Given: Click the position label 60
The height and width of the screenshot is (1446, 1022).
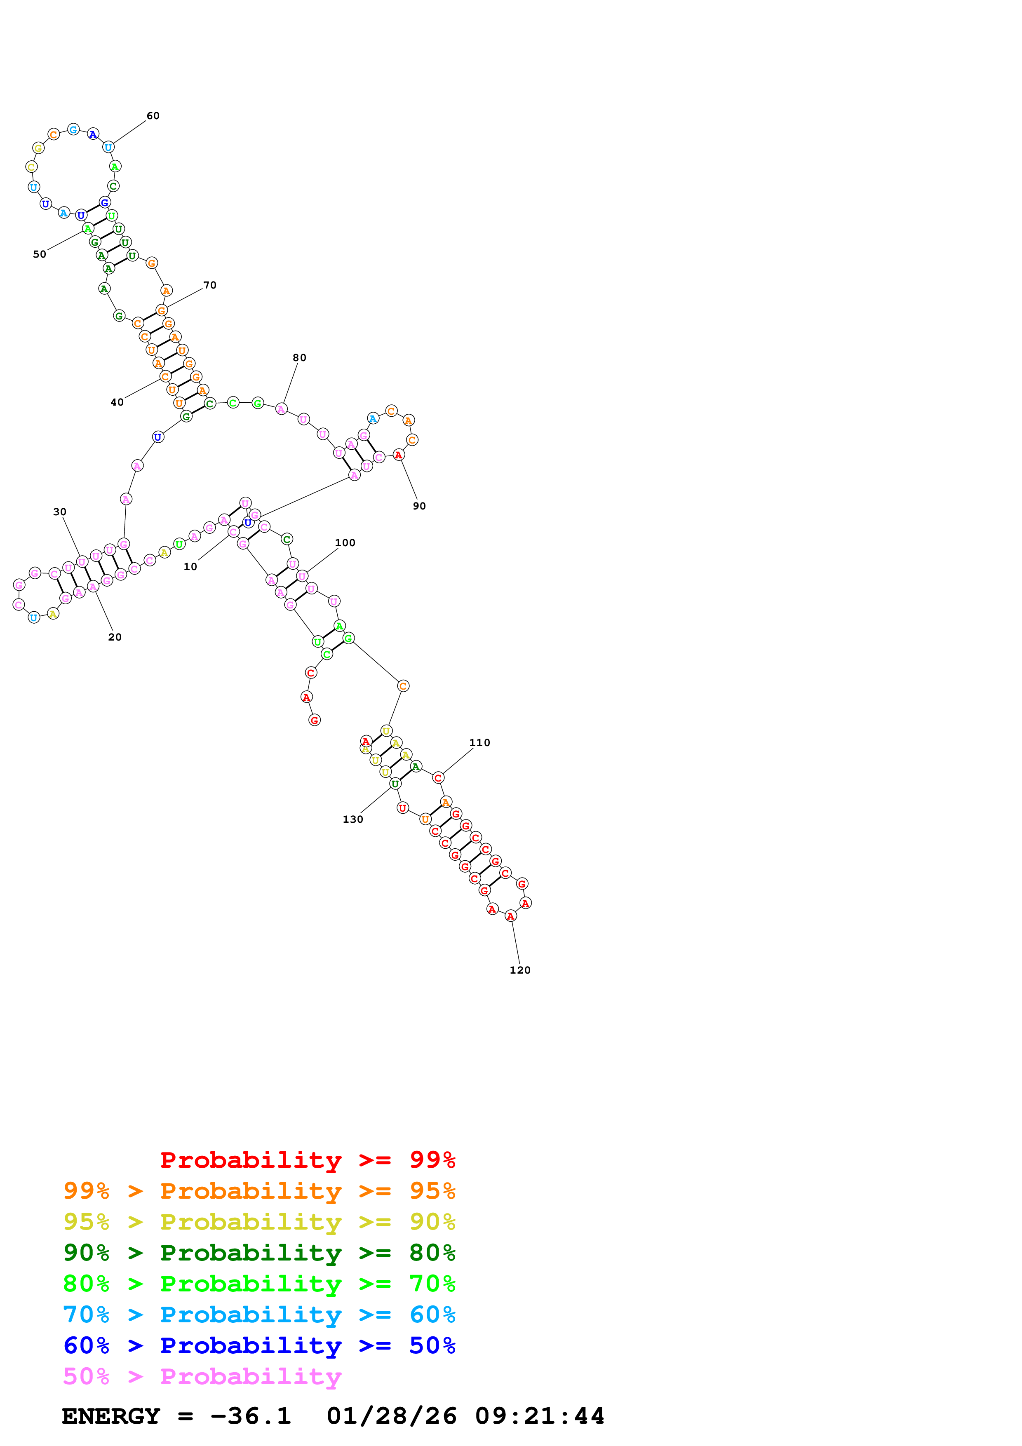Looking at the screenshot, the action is [153, 116].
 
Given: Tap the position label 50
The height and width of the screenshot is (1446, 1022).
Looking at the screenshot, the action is [40, 254].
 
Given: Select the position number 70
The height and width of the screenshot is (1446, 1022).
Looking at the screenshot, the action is [210, 285].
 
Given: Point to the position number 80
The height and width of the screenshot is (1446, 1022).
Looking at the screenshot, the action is [299, 358].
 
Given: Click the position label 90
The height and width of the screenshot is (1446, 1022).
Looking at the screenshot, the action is [419, 506].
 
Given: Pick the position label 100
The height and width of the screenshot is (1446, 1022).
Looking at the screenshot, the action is [345, 542].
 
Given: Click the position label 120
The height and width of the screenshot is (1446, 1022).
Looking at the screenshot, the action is [520, 970].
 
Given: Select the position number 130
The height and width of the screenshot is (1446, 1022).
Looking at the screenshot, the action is [352, 819].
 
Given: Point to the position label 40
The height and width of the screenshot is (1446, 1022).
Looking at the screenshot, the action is [117, 402].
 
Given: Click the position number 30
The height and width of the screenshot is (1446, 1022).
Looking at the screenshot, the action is [60, 512].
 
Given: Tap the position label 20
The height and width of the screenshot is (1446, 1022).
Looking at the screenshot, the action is [115, 637].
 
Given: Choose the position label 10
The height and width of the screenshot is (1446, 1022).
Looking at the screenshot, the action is [190, 567].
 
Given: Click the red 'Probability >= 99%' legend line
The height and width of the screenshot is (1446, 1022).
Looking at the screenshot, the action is [307, 1160].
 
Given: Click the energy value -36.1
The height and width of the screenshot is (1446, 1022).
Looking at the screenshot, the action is [251, 1416].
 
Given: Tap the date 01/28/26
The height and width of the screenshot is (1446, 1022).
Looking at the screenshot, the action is [392, 1416].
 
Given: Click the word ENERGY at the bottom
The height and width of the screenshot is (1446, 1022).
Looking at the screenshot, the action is [111, 1416].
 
